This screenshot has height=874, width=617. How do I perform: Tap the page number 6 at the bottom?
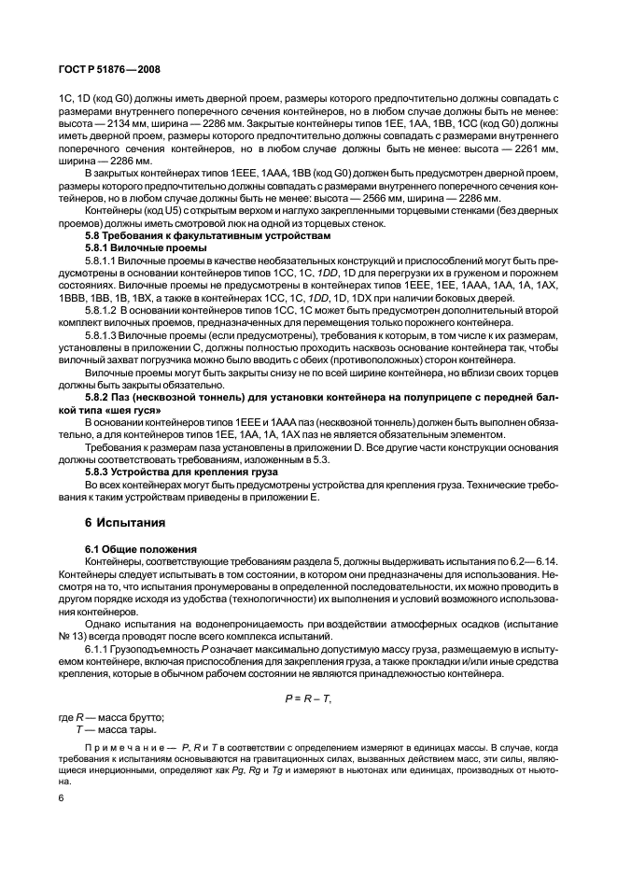coord(61,798)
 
